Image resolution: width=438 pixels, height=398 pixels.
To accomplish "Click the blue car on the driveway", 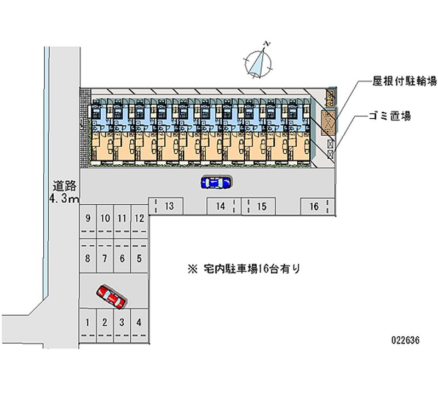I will [216, 182].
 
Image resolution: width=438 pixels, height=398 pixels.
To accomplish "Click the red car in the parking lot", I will [112, 296].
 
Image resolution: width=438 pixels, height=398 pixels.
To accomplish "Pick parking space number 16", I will [314, 206].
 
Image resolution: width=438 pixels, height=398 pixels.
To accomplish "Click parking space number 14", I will [221, 206].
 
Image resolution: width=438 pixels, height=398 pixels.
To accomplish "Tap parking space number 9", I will [88, 218].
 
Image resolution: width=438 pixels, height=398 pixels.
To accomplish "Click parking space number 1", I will [88, 322].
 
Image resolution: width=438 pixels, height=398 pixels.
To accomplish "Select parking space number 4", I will [140, 322].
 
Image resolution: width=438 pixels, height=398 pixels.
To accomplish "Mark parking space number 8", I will [88, 258].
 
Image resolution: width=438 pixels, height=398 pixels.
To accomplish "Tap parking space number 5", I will [140, 258].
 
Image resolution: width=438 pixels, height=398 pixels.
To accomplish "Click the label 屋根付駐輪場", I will [405, 82].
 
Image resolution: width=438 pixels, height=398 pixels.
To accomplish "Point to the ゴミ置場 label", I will [389, 116].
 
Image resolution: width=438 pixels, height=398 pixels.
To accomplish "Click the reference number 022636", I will [406, 340].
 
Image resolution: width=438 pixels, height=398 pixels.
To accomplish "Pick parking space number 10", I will [105, 218].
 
